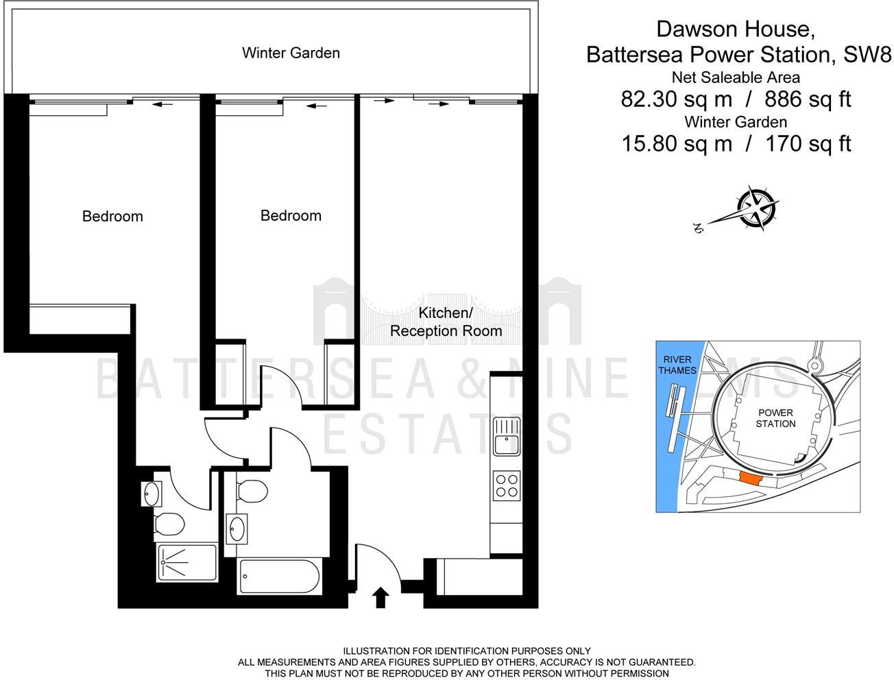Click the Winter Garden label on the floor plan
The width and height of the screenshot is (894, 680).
click(291, 53)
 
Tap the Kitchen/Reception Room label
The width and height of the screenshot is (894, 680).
click(446, 322)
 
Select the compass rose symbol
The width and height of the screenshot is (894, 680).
click(756, 206)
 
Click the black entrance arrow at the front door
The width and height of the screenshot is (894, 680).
click(381, 597)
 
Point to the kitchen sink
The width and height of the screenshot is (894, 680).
click(507, 436)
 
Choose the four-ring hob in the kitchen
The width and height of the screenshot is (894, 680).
click(507, 486)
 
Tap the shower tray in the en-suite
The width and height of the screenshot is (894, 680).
click(187, 563)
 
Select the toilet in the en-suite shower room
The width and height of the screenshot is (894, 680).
click(169, 524)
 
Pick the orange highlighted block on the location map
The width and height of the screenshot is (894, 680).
click(750, 479)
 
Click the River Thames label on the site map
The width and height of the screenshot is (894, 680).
click(677, 365)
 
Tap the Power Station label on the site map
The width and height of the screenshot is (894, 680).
click(775, 418)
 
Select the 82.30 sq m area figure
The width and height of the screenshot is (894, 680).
click(676, 99)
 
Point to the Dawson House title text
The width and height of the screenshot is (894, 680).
click(736, 29)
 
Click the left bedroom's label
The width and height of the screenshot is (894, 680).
click(112, 217)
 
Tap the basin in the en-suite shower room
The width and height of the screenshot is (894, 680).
click(151, 493)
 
